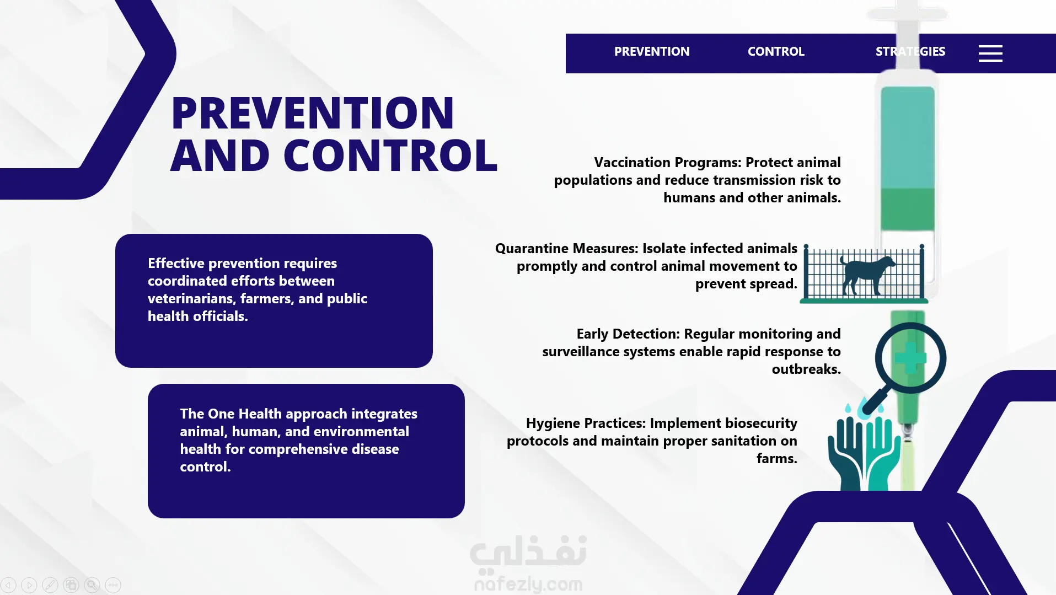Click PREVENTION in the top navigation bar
(x=652, y=52)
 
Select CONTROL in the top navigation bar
(x=776, y=52)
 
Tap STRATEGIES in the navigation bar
(x=910, y=52)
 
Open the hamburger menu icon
(x=990, y=53)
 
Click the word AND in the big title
(x=220, y=156)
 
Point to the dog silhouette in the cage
(x=867, y=274)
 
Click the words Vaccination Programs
(x=667, y=163)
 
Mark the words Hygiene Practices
(x=586, y=424)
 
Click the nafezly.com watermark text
(x=528, y=584)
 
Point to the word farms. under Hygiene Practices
(x=777, y=459)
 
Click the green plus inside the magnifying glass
(x=910, y=358)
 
